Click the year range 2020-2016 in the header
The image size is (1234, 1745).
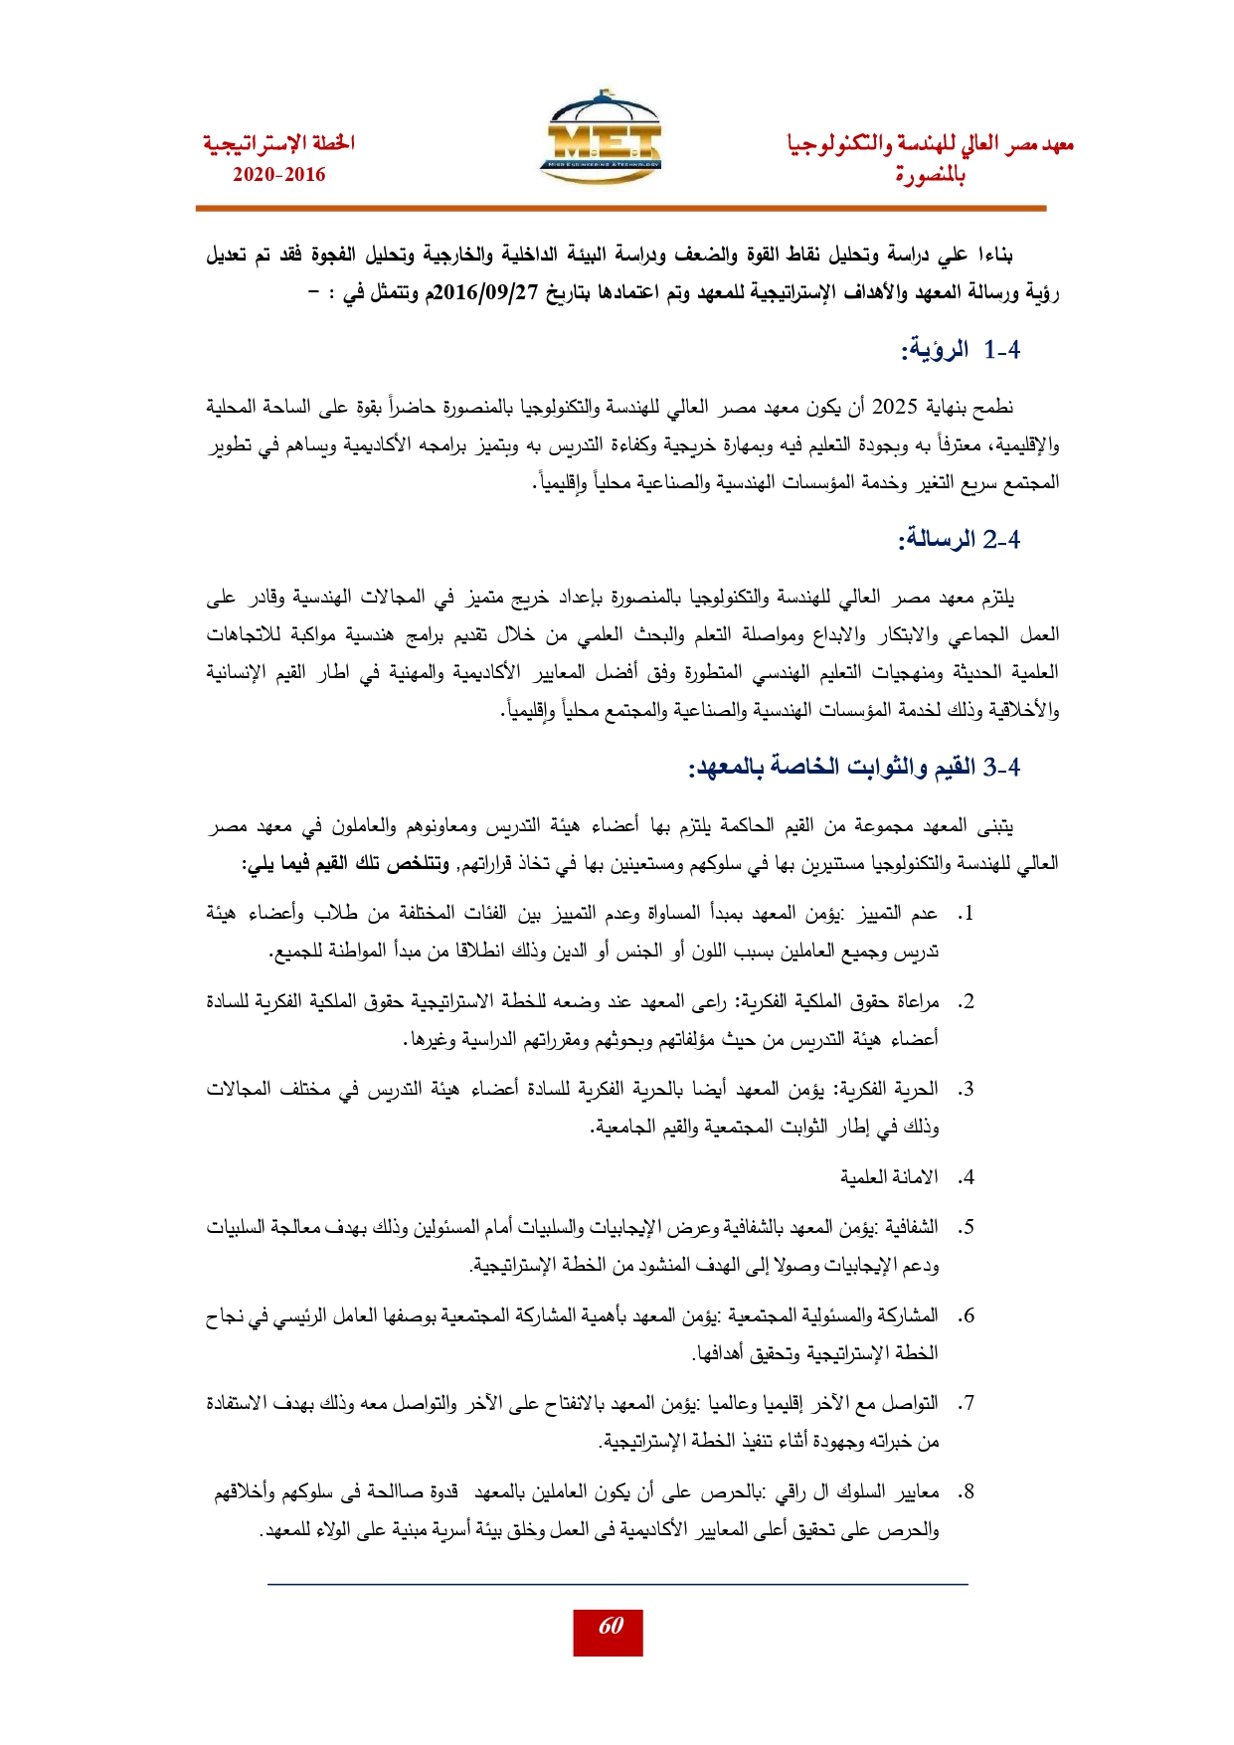279,175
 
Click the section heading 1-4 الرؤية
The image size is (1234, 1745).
961,350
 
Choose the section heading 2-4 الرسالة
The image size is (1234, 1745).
960,540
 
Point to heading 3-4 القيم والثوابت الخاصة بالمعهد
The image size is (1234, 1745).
855,768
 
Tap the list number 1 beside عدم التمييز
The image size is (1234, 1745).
966,914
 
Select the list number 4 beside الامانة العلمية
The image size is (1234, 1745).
966,1178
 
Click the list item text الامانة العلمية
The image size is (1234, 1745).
889,1178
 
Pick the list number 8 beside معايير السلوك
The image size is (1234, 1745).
966,1492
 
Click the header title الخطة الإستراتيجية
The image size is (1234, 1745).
279,144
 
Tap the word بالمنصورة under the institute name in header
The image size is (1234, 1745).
931,176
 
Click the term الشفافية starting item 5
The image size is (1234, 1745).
908,1228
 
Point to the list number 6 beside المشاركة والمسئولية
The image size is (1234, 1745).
966,1316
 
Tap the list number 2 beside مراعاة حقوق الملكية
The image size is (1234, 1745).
966,1002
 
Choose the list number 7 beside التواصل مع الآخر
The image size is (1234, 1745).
966,1404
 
